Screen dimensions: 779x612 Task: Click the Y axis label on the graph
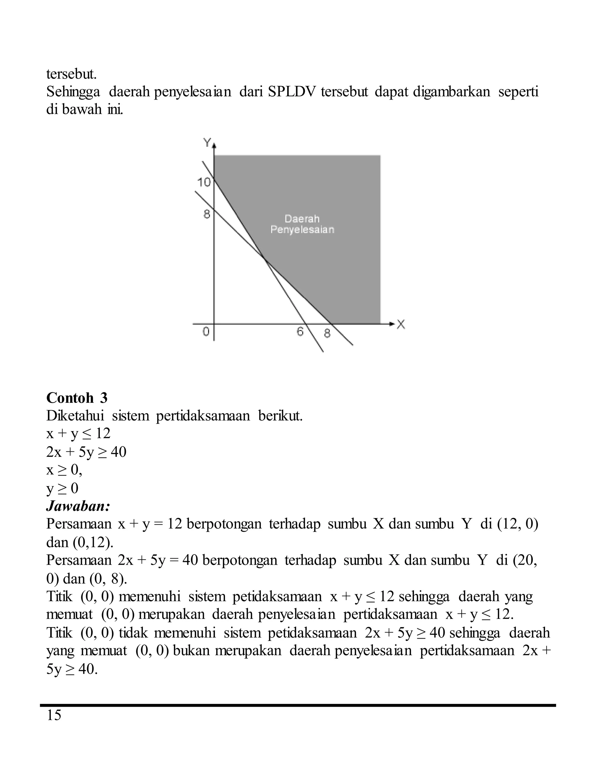pyautogui.click(x=207, y=143)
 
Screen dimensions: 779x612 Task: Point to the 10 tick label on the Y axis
pyautogui.click(x=204, y=182)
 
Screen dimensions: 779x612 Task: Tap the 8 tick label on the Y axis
pyautogui.click(x=207, y=214)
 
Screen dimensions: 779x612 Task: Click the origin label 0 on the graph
pyautogui.click(x=206, y=332)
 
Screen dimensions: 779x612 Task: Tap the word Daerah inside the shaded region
pyautogui.click(x=302, y=219)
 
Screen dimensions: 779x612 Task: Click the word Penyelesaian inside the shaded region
pyautogui.click(x=302, y=230)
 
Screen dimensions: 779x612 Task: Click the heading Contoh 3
pyautogui.click(x=77, y=398)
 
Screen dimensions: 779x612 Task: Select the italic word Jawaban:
pyautogui.click(x=78, y=506)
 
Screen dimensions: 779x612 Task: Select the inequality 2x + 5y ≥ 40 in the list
pyautogui.click(x=86, y=452)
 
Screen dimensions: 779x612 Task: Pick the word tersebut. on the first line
pyautogui.click(x=72, y=74)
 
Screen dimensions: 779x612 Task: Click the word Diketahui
pyautogui.click(x=75, y=416)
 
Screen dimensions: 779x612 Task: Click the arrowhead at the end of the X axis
pyautogui.click(x=392, y=324)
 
